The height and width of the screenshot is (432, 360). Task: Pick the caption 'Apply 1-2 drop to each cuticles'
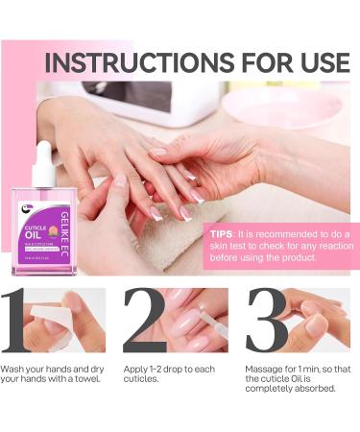173,374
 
